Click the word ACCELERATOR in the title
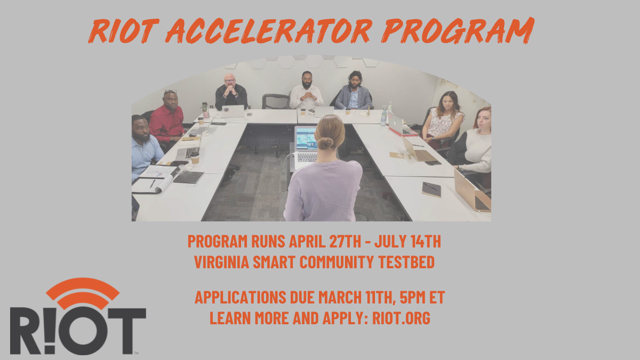[269, 30]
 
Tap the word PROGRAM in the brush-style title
[458, 30]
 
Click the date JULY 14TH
[407, 241]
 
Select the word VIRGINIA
[222, 262]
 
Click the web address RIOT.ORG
[401, 318]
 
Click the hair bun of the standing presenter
[325, 143]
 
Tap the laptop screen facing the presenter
[306, 139]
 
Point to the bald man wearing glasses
[231, 93]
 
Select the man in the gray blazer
[354, 91]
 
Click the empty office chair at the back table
[276, 102]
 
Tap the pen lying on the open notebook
[153, 183]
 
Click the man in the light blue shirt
[146, 147]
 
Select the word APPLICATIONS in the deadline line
[241, 297]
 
